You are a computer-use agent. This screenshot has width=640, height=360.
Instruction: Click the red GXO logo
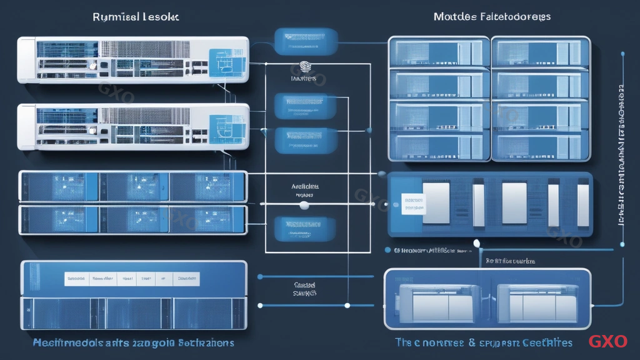607,341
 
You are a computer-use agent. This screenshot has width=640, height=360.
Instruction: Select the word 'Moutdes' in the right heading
454,16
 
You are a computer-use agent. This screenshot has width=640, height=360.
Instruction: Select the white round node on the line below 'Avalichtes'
304,205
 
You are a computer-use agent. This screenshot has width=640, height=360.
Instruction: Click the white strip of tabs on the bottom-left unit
132,278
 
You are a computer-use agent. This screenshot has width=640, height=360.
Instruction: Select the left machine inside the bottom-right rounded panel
437,299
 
